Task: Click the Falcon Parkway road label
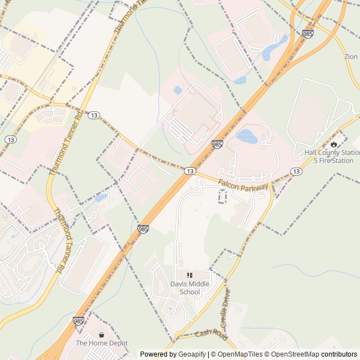(x=244, y=186)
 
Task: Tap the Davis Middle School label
(x=190, y=288)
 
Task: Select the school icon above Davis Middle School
(x=190, y=275)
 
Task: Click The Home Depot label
(x=102, y=343)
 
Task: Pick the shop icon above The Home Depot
(x=102, y=335)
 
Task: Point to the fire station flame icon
(x=334, y=144)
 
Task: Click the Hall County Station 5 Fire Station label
(x=332, y=156)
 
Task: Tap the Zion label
(x=351, y=57)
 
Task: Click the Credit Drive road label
(x=226, y=309)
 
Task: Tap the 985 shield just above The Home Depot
(x=79, y=321)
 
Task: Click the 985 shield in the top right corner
(x=308, y=34)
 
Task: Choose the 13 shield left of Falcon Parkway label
(x=190, y=170)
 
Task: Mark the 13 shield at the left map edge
(x=10, y=139)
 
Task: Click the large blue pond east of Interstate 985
(x=246, y=136)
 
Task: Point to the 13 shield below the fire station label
(x=296, y=171)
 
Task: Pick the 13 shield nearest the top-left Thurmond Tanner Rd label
(x=94, y=115)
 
